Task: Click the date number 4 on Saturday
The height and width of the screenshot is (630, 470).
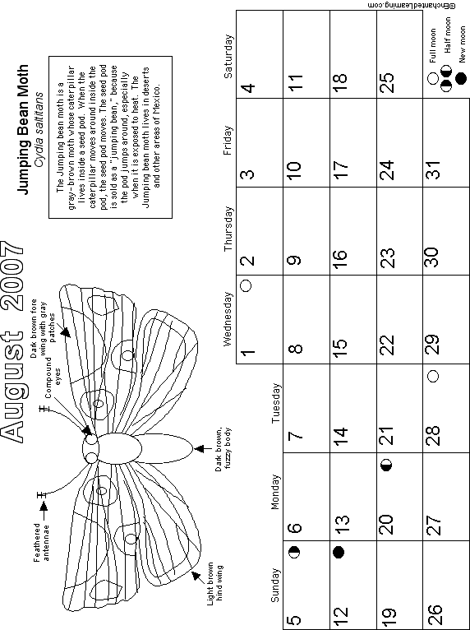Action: [x=249, y=87]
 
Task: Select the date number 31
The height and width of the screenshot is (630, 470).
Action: [x=434, y=169]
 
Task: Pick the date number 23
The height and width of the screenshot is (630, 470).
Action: [x=386, y=257]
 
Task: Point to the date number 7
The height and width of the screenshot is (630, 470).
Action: [x=296, y=435]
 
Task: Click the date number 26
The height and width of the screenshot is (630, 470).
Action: [x=434, y=614]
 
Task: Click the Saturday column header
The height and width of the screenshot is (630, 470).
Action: [x=228, y=56]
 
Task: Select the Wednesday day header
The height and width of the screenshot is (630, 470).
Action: [x=227, y=318]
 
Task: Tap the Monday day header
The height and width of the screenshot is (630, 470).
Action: [x=275, y=492]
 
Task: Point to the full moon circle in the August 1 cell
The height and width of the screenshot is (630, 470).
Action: [x=246, y=285]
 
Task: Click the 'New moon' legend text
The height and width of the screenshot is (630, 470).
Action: [x=463, y=44]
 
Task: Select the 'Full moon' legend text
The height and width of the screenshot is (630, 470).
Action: [x=433, y=45]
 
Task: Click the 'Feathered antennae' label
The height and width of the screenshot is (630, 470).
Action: [x=41, y=542]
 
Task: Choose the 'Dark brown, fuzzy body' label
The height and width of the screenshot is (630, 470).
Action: [x=223, y=450]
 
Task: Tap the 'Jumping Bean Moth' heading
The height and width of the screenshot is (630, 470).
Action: [x=23, y=129]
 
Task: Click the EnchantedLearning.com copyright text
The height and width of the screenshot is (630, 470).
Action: [x=411, y=6]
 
